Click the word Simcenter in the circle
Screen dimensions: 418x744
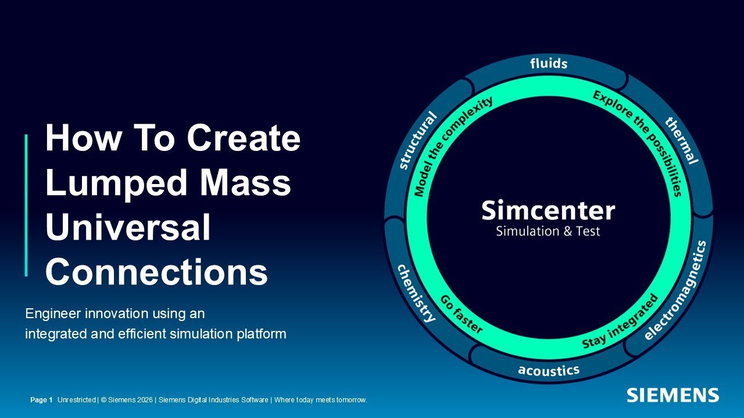click(x=548, y=210)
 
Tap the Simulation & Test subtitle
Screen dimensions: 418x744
click(x=548, y=231)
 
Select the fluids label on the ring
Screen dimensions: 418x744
click(x=549, y=63)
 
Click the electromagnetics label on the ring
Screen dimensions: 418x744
click(x=677, y=290)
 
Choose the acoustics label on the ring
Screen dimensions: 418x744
click(x=549, y=370)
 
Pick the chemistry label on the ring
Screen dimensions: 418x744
click(x=416, y=293)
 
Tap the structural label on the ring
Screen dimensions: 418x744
click(x=418, y=141)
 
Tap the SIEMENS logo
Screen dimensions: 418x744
click(x=673, y=395)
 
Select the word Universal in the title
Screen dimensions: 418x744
click(x=128, y=227)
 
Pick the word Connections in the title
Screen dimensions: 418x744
click(x=156, y=272)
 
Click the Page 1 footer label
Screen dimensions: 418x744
click(x=41, y=400)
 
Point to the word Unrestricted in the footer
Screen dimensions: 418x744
click(x=76, y=400)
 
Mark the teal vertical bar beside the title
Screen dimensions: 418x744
click(x=26, y=205)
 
